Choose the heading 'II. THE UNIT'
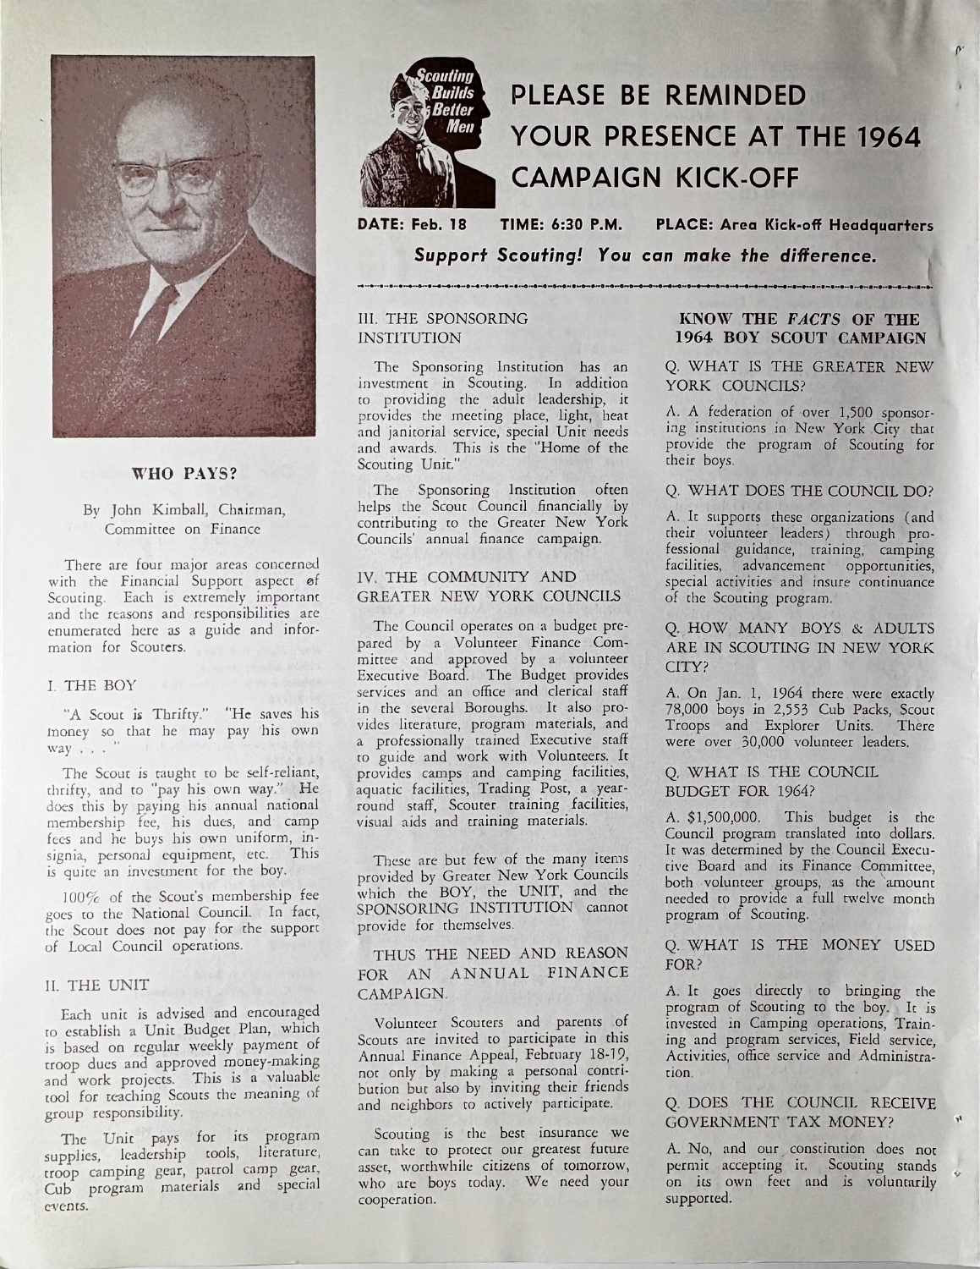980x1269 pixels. pyautogui.click(x=89, y=984)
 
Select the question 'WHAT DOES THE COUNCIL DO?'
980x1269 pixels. pyautogui.click(x=799, y=489)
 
